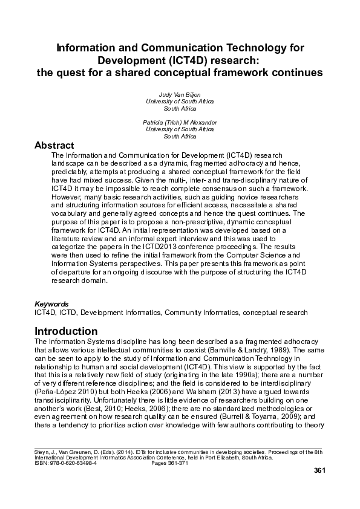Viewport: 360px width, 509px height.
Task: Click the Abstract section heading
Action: (54, 146)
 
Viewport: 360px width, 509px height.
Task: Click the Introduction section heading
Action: (66, 331)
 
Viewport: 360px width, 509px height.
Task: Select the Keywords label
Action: (51, 303)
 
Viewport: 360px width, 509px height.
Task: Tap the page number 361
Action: (320, 471)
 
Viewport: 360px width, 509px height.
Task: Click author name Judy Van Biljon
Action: (180, 95)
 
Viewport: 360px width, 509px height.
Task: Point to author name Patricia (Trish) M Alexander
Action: (180, 122)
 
